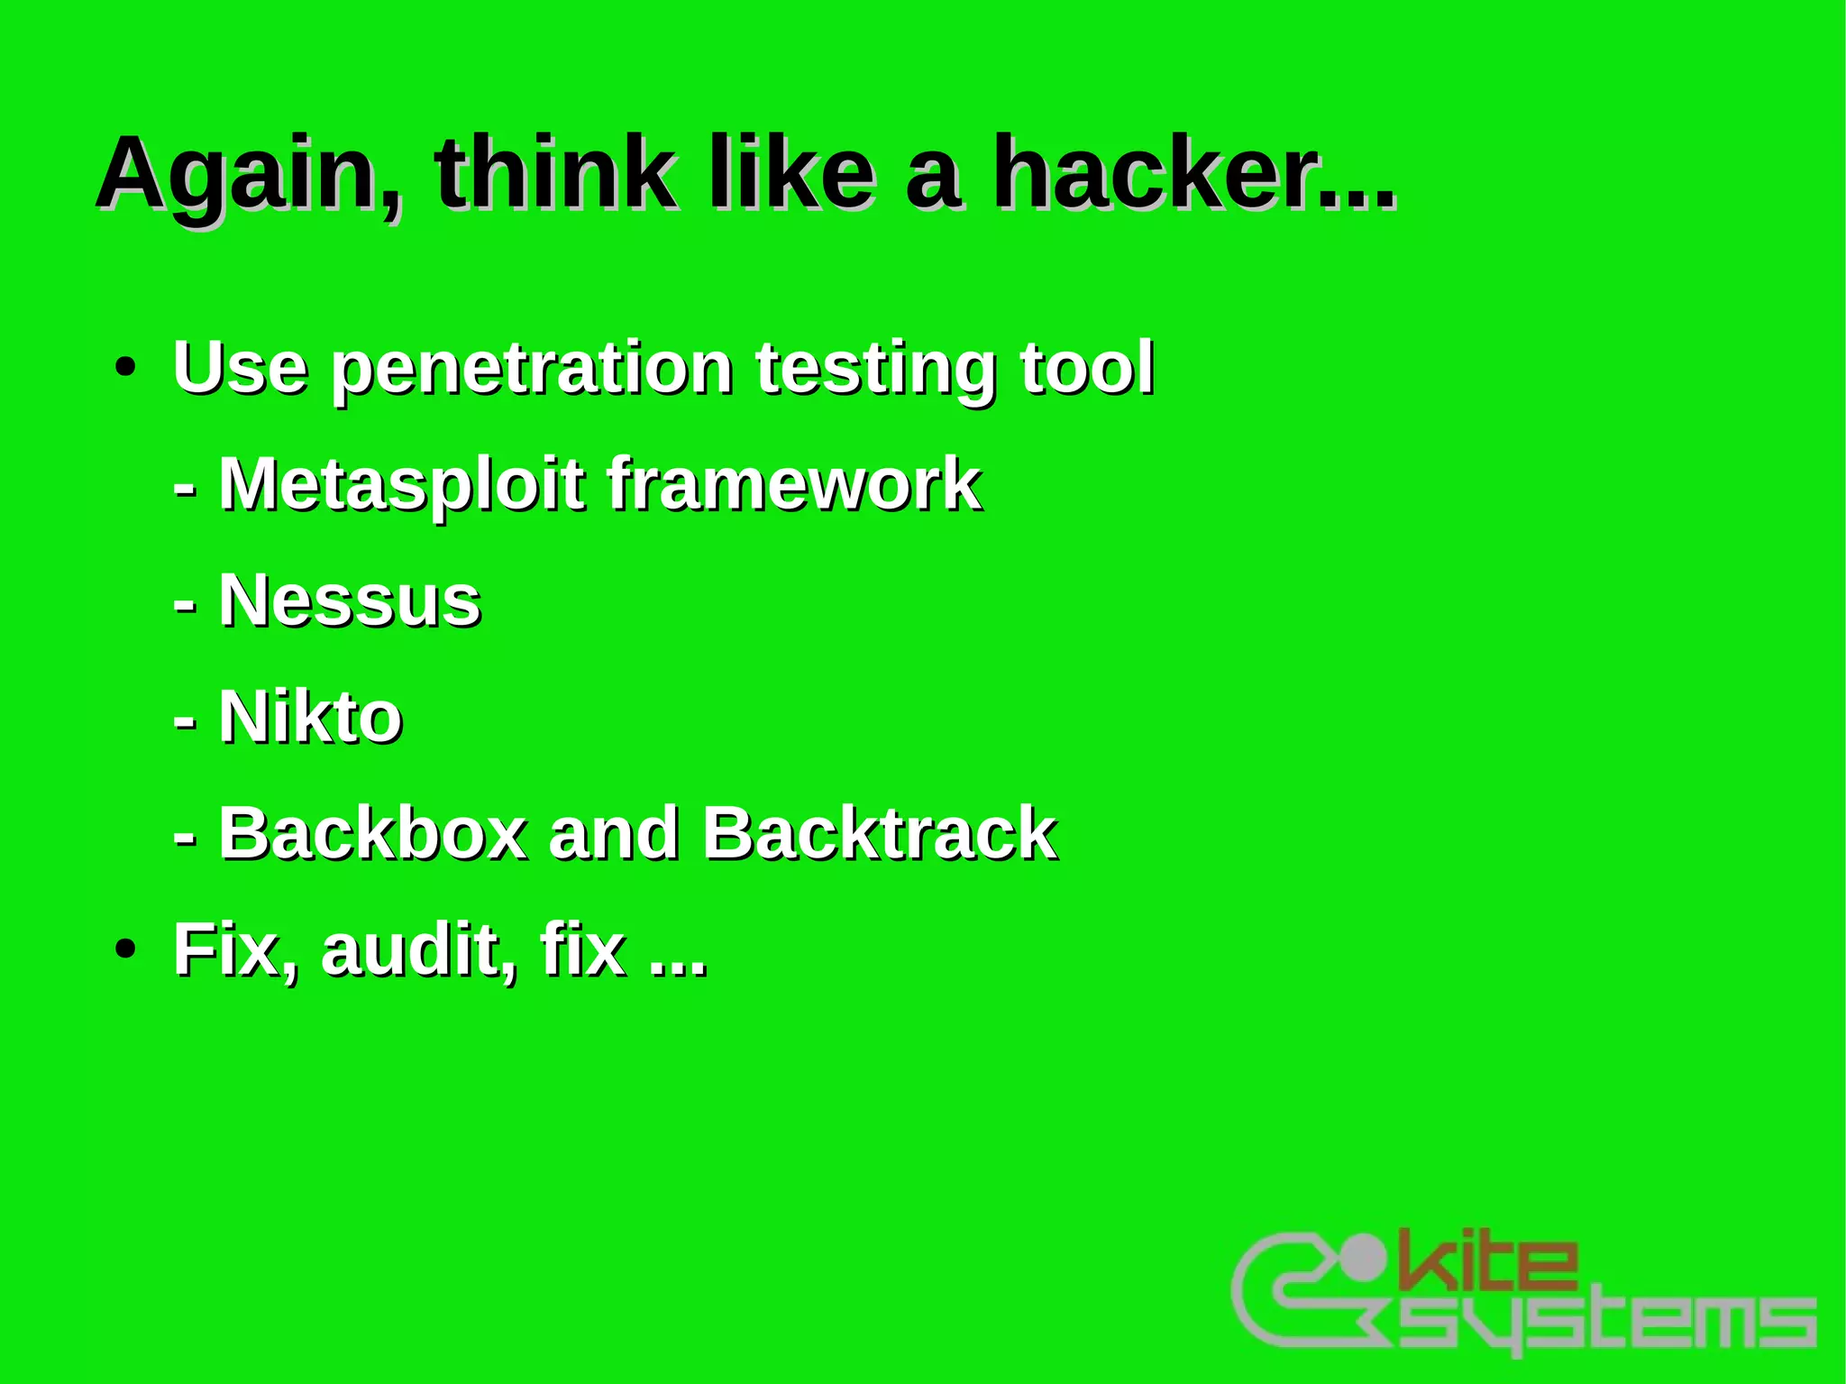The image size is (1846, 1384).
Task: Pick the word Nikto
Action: pos(310,717)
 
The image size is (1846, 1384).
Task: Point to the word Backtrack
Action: pos(879,832)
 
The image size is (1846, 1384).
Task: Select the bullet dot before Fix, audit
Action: pos(125,949)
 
